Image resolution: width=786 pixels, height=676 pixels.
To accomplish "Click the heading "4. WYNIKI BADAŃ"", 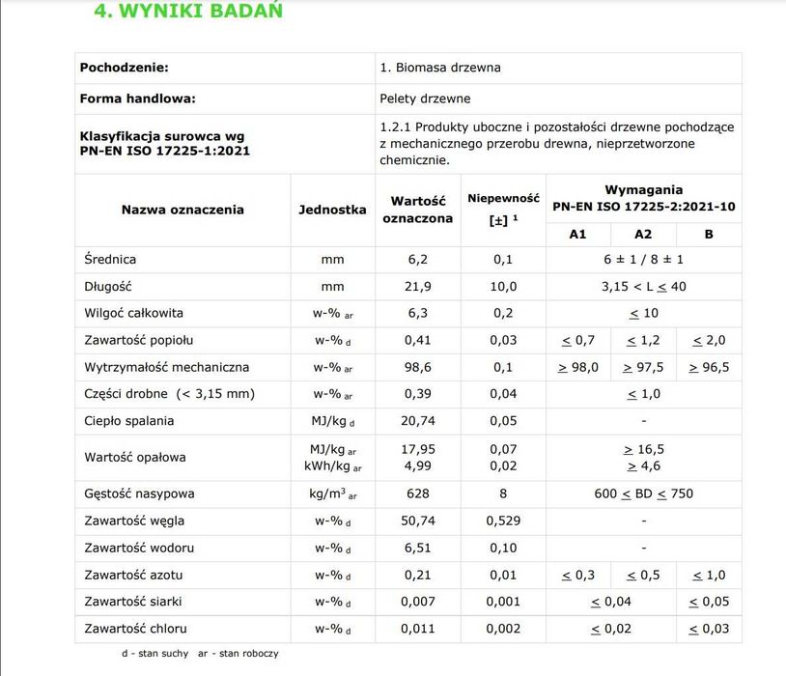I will click(x=187, y=12).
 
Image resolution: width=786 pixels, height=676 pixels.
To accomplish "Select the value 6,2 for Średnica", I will click(x=417, y=259).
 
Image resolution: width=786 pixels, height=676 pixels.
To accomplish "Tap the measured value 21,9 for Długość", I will click(x=417, y=286).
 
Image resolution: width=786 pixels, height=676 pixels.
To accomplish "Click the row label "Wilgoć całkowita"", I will click(x=133, y=313).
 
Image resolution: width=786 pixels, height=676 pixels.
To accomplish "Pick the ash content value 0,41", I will click(x=417, y=340).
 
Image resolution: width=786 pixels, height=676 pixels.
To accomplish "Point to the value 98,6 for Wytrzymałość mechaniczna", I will click(x=417, y=367).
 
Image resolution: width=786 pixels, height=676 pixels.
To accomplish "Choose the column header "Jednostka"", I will click(x=332, y=209).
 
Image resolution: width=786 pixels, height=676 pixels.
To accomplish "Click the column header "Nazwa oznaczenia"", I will click(x=182, y=209).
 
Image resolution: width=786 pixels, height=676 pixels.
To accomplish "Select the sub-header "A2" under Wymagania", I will click(x=643, y=234).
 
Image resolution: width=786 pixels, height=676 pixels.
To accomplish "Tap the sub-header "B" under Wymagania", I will click(x=709, y=234).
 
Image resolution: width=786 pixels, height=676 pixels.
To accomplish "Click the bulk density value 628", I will click(x=417, y=493).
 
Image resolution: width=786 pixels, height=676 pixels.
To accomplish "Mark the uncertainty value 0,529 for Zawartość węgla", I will click(x=503, y=521).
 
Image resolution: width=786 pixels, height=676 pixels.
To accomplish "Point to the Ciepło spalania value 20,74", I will click(x=417, y=421).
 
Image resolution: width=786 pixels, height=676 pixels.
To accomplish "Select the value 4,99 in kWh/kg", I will click(x=417, y=466).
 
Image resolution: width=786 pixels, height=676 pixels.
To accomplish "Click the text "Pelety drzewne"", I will click(x=426, y=98).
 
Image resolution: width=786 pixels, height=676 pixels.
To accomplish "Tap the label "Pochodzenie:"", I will click(x=125, y=68).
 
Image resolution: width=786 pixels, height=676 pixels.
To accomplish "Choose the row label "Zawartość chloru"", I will click(x=134, y=629).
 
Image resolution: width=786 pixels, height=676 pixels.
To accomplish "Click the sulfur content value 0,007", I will click(x=417, y=602).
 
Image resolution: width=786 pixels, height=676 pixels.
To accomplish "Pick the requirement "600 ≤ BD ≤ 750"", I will click(x=643, y=493).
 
